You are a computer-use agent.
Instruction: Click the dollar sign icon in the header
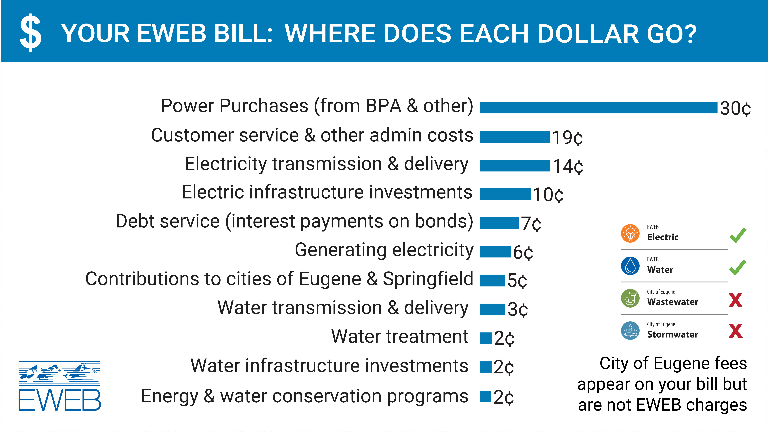click(x=30, y=33)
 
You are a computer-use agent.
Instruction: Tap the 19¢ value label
click(x=567, y=137)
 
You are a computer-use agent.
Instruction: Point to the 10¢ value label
click(x=548, y=195)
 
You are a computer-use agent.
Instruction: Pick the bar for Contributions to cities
click(x=492, y=281)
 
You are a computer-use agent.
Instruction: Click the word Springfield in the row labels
click(x=428, y=279)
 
